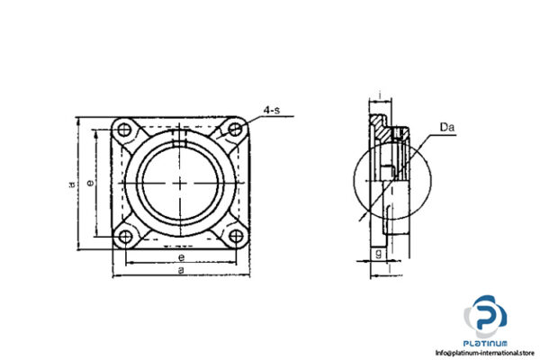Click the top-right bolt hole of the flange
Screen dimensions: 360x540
(236, 129)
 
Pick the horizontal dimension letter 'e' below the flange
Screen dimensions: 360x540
(181, 257)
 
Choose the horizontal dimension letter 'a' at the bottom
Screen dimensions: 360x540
(181, 270)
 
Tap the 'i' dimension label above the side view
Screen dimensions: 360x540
(382, 94)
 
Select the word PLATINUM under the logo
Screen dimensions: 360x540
(487, 343)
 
